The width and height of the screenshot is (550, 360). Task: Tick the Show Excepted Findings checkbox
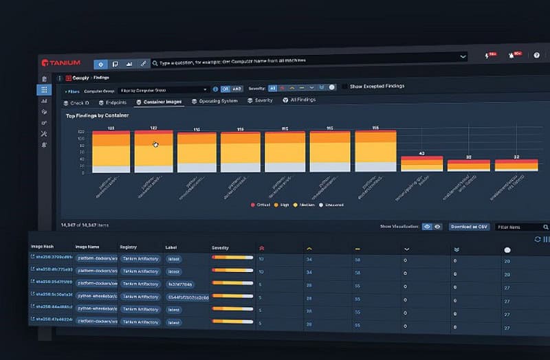tap(345, 87)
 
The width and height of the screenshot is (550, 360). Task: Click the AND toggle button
tap(237, 89)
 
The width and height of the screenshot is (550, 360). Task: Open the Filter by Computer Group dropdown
tap(164, 89)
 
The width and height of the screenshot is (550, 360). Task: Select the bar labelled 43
tap(421, 163)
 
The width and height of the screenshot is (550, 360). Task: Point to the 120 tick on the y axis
tap(81, 131)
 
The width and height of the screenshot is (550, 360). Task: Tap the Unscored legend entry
tap(333, 205)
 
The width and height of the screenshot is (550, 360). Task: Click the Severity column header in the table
tap(220, 247)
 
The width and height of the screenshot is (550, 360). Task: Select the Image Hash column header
tap(42, 245)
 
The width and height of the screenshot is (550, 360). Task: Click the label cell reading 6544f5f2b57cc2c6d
tap(187, 297)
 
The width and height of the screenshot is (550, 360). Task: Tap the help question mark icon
tap(536, 55)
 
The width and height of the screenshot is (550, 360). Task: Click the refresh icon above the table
tap(537, 239)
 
